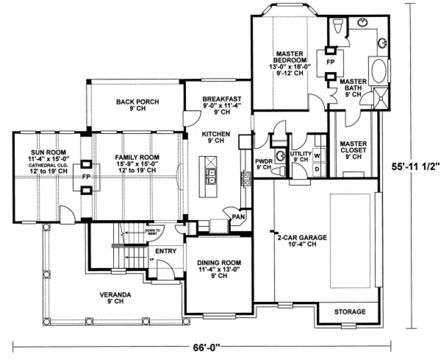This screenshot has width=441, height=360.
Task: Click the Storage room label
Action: pos(349,312)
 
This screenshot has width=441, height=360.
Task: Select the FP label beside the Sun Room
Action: pos(86,177)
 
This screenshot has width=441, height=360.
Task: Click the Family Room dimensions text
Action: pos(137,164)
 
